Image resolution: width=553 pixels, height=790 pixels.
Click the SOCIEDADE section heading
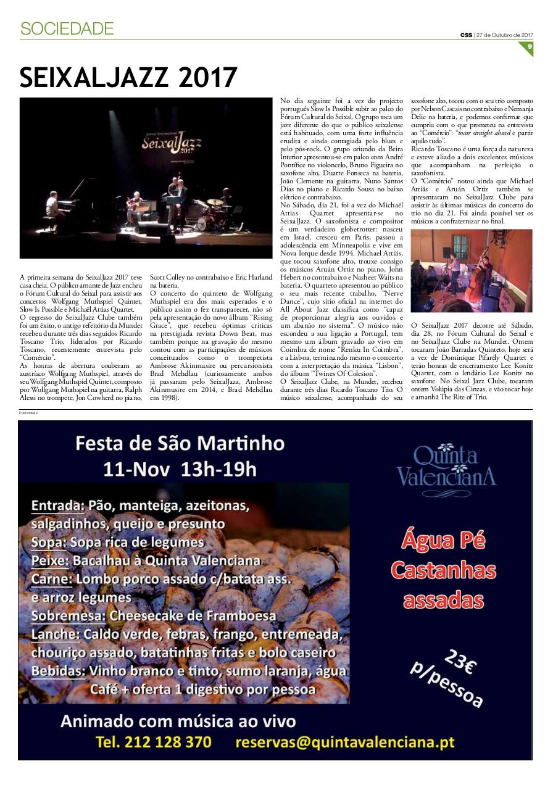[67, 28]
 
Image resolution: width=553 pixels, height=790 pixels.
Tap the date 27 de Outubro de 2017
[504, 35]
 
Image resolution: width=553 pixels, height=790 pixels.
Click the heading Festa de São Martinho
[180, 443]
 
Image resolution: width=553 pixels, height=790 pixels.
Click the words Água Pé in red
[443, 540]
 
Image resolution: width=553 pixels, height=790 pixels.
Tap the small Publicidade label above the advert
[28, 413]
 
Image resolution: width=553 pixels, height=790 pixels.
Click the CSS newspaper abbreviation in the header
[466, 35]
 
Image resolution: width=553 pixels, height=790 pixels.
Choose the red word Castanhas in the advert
[443, 570]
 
